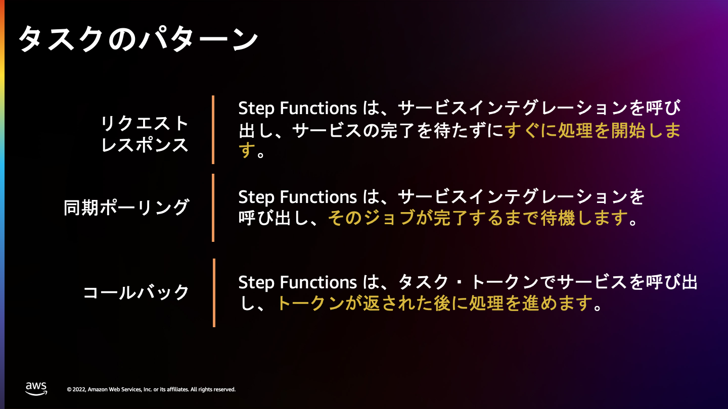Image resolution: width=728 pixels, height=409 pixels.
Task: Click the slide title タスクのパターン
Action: click(139, 39)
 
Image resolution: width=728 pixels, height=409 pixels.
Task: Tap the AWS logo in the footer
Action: click(36, 389)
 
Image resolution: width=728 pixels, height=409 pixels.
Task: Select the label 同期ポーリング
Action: click(126, 208)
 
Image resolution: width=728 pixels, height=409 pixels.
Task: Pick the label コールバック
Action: click(136, 292)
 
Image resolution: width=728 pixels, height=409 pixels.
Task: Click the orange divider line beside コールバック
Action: click(214, 293)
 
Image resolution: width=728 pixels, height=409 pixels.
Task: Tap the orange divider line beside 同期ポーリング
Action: click(213, 208)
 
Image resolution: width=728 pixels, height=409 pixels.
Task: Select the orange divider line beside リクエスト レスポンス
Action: click(213, 130)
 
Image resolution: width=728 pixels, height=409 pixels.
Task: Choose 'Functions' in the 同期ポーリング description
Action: click(318, 197)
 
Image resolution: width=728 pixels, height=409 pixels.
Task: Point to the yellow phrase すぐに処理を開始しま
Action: click(593, 130)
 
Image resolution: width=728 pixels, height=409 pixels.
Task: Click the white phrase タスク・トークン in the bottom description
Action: click(468, 282)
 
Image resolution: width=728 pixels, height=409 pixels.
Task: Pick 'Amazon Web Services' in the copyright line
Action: click(115, 389)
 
